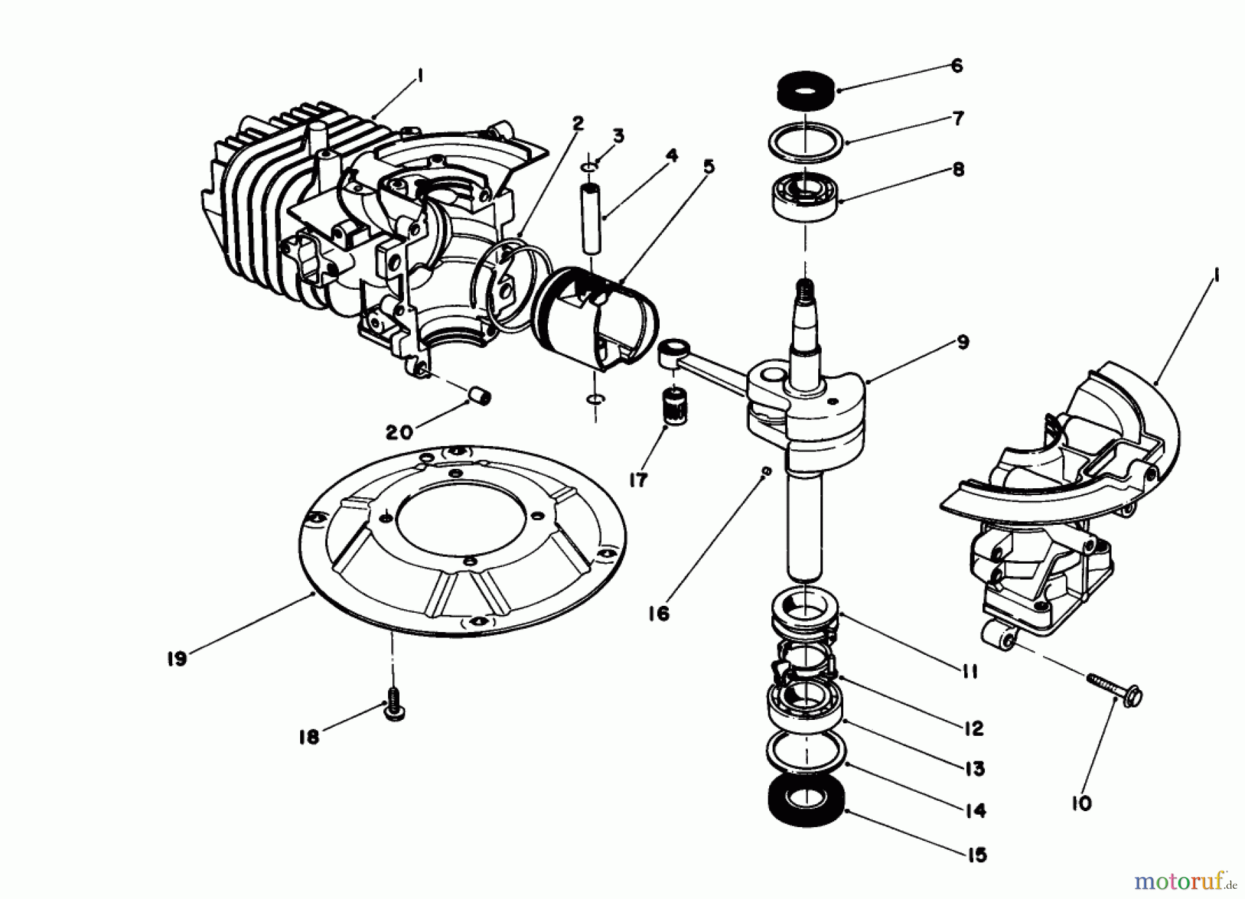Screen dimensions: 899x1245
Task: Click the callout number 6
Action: (x=957, y=66)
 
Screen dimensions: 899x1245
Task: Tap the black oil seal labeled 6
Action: (x=804, y=90)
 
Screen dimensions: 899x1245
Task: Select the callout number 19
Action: (x=177, y=658)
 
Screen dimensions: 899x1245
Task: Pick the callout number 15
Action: (x=976, y=855)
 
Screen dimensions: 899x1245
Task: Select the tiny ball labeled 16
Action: (x=766, y=471)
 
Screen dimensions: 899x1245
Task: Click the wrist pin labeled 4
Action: (x=592, y=218)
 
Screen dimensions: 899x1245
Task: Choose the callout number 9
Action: (x=963, y=342)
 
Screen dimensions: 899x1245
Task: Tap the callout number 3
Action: (x=618, y=136)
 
